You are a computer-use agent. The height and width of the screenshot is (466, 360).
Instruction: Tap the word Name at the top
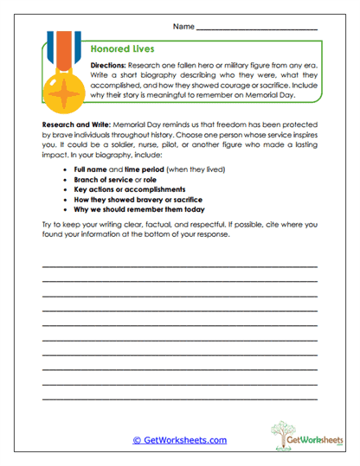click(x=183, y=27)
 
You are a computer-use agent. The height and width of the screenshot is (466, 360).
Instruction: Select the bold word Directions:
click(x=108, y=65)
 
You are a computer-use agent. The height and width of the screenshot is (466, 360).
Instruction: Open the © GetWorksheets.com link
click(x=179, y=440)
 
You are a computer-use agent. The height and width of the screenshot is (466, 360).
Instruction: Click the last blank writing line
click(x=179, y=399)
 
